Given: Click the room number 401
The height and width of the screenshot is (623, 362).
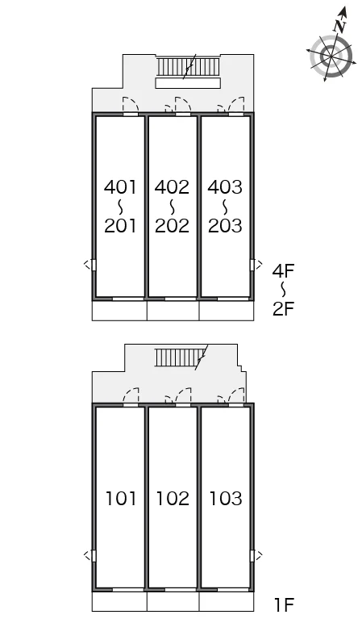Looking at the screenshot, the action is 120,186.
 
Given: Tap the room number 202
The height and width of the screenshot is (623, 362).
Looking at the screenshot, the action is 173,226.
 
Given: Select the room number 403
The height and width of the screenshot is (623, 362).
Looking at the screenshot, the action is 225,186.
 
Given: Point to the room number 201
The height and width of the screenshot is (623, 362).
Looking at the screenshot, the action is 120,226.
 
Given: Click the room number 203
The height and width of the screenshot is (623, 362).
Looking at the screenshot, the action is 225,226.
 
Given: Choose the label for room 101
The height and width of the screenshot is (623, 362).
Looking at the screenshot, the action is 121,498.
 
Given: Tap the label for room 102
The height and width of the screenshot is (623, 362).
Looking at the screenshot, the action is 173,498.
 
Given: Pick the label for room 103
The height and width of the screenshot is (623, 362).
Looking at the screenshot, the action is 226,498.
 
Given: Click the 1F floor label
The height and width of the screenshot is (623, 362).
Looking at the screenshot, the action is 284,605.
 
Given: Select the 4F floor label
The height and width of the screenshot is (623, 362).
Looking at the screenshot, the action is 283,271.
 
